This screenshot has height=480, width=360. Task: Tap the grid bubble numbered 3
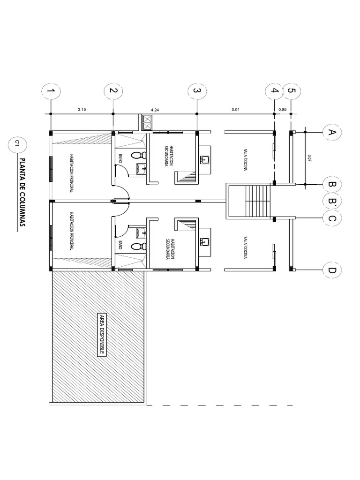tap(197, 90)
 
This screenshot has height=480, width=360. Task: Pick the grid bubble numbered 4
tap(274, 90)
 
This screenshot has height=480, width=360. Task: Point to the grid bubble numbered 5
tap(291, 90)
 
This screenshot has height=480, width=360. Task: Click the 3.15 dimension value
tap(82, 110)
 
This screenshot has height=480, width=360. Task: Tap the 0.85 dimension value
tap(283, 110)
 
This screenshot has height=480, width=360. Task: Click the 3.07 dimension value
tap(310, 158)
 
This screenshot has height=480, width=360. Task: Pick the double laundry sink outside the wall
tap(146, 123)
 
